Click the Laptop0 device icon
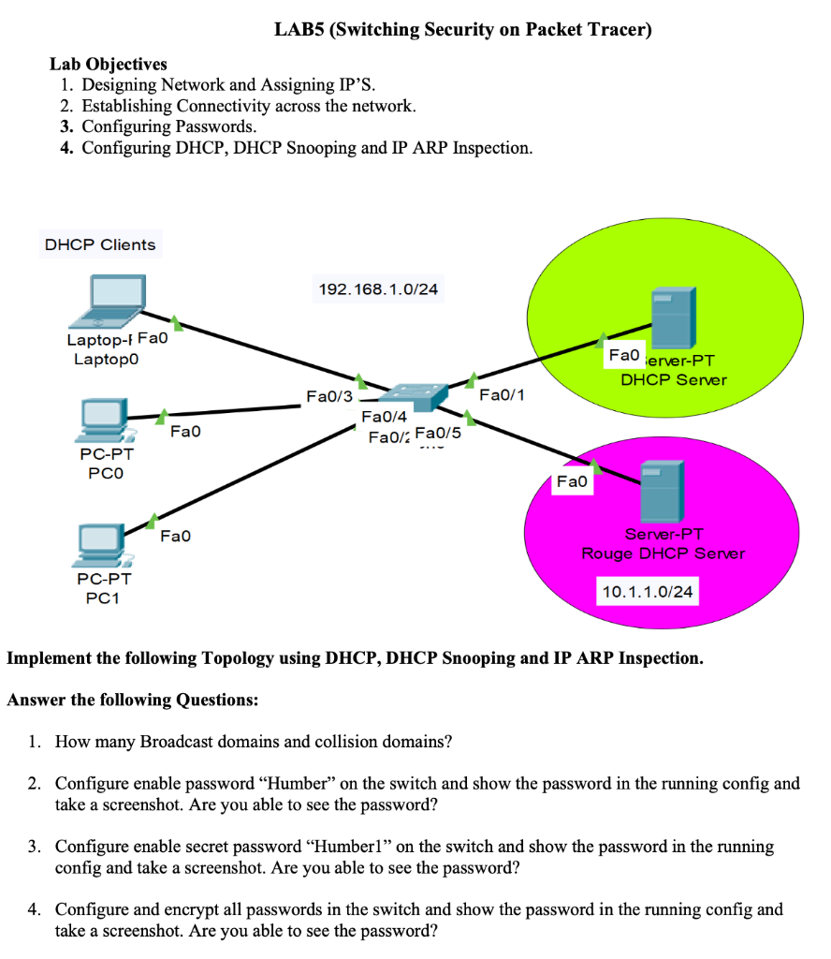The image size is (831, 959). coord(112,301)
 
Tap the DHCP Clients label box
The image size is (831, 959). coord(100,244)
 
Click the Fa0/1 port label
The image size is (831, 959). coord(501,396)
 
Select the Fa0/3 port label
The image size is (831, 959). coord(329,398)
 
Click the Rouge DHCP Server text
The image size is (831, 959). coord(663,553)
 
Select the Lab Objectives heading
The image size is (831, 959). coord(108,64)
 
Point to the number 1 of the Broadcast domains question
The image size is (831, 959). coord(33,742)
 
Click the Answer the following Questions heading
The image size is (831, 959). coord(132,700)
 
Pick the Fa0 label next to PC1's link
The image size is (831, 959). coord(175,536)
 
